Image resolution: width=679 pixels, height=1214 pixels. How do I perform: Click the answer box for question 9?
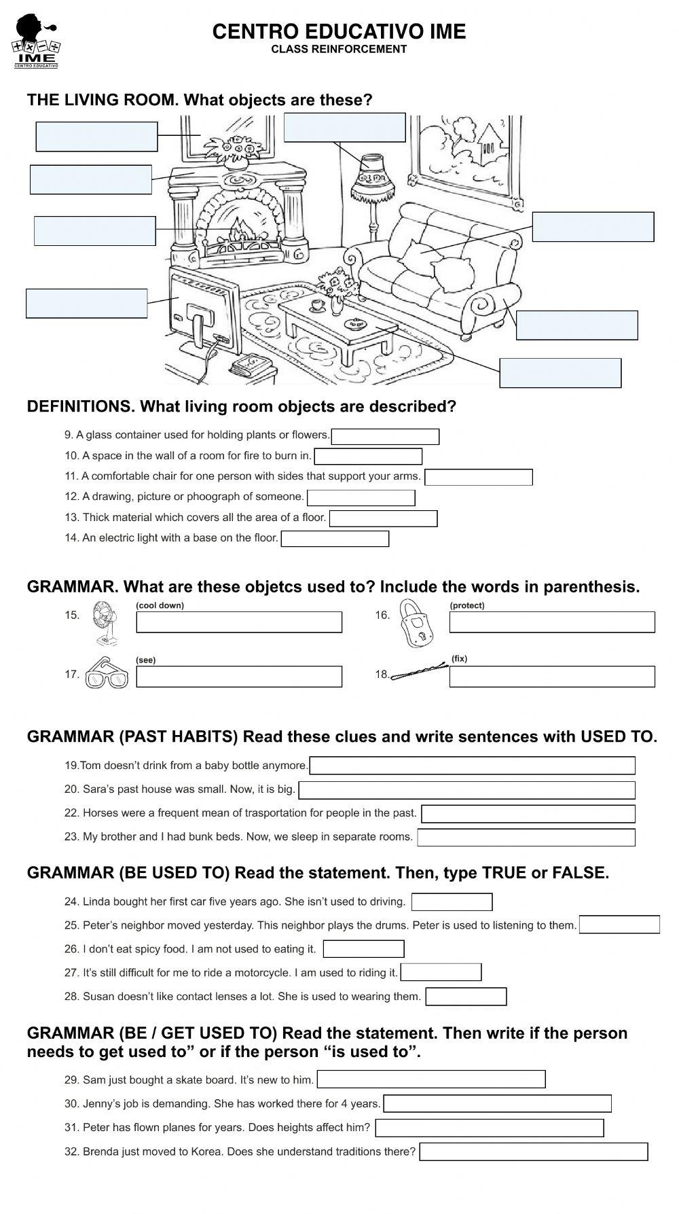tap(385, 436)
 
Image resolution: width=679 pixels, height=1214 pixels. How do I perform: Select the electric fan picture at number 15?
tap(105, 624)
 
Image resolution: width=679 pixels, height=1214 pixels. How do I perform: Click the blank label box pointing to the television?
tap(87, 303)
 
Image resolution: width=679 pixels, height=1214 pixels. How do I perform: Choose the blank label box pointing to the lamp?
tap(344, 128)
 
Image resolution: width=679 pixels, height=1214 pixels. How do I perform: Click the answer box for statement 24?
tap(452, 902)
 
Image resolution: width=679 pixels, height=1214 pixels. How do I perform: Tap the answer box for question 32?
tap(533, 1151)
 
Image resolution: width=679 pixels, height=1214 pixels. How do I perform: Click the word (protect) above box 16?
tap(467, 605)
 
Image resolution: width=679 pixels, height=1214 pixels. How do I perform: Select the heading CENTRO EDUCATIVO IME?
tap(339, 31)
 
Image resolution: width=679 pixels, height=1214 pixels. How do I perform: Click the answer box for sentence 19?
tap(472, 766)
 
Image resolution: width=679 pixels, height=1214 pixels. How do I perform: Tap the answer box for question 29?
tap(430, 1079)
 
